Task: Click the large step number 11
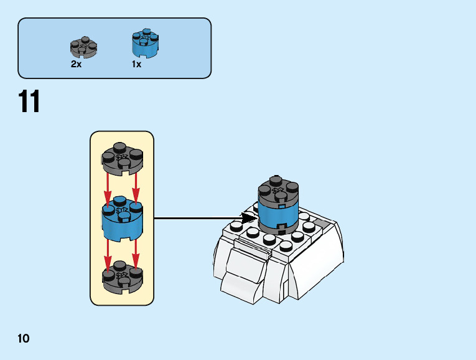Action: pos(29,102)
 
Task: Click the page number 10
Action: pos(24,339)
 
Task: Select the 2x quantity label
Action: pos(76,64)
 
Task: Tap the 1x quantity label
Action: pos(136,64)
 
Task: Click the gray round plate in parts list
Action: pos(83,47)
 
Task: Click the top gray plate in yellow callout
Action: pos(122,158)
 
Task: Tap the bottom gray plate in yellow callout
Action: pos(122,280)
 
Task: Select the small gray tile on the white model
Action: pos(322,223)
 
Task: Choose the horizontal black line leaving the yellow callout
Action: pos(199,218)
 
